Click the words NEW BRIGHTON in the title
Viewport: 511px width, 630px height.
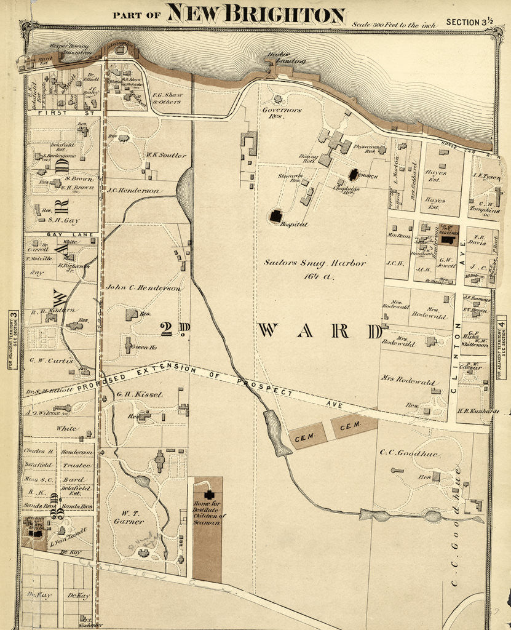256,14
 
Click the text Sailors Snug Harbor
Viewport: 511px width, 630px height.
315,263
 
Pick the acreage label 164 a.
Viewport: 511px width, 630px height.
319,276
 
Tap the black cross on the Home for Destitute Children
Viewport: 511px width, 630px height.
209,495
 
